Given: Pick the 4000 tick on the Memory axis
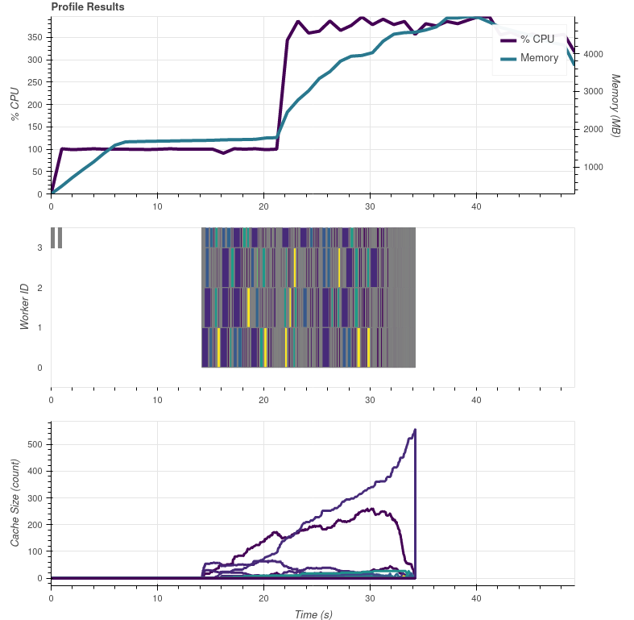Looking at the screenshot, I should pos(593,54).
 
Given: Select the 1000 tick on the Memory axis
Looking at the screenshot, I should pos(593,167).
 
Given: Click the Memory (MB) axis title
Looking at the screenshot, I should pos(616,106).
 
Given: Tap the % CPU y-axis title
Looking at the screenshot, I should pos(15,106).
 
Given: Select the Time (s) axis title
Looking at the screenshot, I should pos(313,614).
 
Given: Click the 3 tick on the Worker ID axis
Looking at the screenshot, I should pos(39,248).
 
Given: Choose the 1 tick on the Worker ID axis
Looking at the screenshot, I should pos(39,327).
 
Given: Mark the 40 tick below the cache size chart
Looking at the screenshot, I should pos(476,598).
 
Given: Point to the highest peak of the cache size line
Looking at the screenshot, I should pos(415,430).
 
